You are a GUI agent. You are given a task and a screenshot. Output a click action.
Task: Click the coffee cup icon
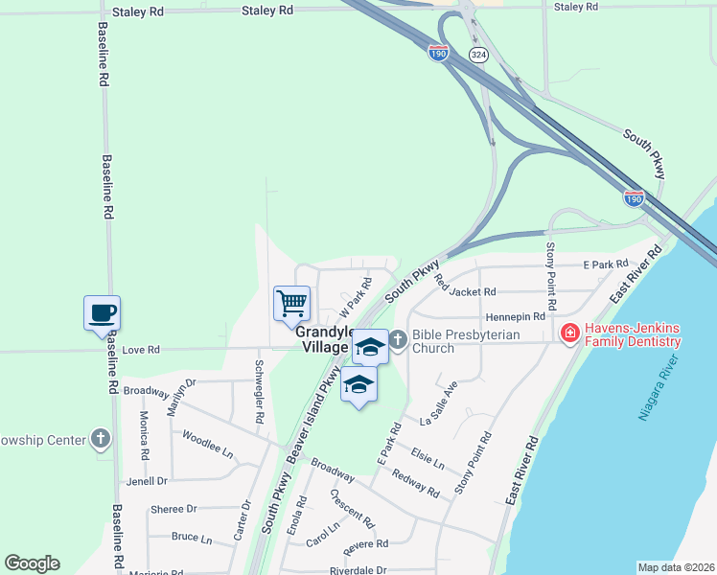point(102,312)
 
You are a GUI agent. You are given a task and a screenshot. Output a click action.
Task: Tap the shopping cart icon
point(291,304)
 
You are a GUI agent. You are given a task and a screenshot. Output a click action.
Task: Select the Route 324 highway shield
point(477,55)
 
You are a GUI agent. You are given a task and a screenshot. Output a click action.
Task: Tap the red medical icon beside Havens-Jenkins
point(568,333)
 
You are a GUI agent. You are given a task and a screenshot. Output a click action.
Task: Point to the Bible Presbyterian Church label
point(465,341)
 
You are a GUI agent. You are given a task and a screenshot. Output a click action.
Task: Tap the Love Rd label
point(140,351)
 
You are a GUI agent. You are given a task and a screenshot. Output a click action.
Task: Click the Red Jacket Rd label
point(465,286)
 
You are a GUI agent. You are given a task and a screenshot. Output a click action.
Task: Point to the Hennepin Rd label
point(516,315)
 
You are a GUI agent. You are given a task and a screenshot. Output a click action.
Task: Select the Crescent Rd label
point(352,508)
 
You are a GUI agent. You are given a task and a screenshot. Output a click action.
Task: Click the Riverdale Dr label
point(358,570)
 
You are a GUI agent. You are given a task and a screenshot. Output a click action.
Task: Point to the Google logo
point(32,563)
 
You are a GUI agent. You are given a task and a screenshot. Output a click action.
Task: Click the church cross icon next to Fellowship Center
point(102,440)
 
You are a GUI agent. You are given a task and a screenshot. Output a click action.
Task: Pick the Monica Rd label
point(145,434)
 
